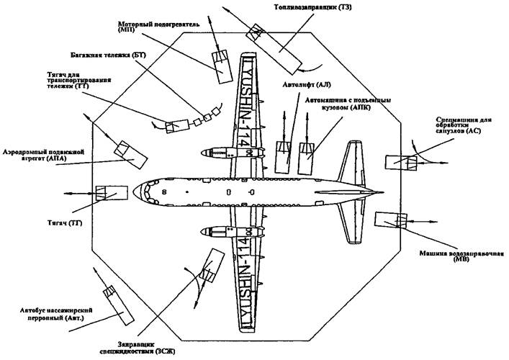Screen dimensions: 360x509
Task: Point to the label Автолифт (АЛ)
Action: tap(297, 84)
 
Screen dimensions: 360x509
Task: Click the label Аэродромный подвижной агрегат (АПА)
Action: tap(43, 157)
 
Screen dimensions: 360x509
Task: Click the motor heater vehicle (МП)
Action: tap(220, 64)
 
